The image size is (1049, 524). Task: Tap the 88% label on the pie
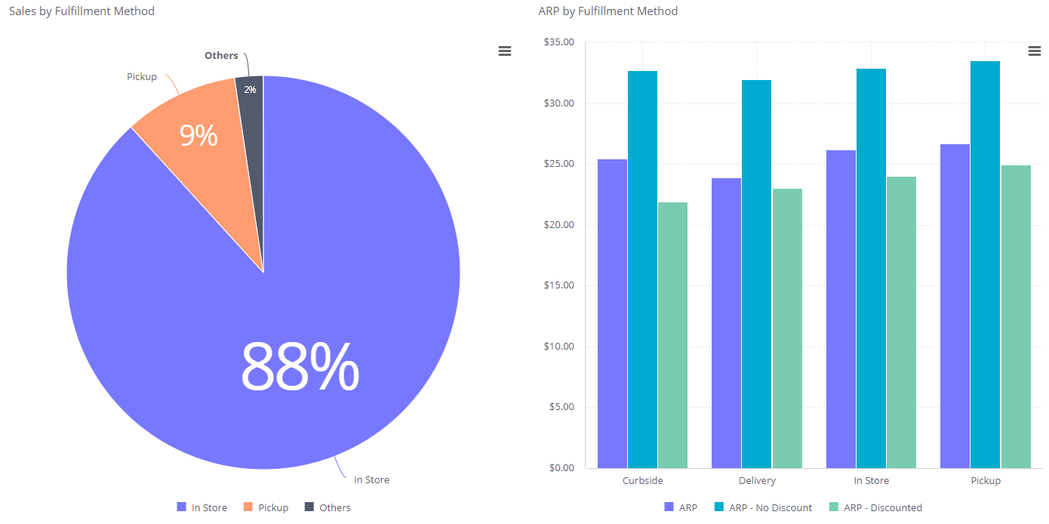(x=300, y=366)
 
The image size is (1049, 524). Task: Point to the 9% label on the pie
(x=198, y=136)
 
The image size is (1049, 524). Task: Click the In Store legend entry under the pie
(x=202, y=507)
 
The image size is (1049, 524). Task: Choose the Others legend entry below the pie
(x=328, y=507)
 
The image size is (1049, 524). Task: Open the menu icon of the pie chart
(x=505, y=51)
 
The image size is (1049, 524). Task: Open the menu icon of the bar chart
(x=1035, y=51)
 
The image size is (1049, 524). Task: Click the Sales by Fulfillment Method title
(x=82, y=11)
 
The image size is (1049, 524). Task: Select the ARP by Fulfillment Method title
(x=608, y=11)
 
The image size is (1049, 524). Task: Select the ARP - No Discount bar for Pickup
(x=985, y=264)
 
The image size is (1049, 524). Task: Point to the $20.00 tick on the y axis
(x=558, y=225)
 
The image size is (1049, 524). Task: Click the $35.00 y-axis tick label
(x=558, y=42)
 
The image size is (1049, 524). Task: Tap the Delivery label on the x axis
(x=757, y=481)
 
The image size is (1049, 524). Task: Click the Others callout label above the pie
(x=221, y=56)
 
